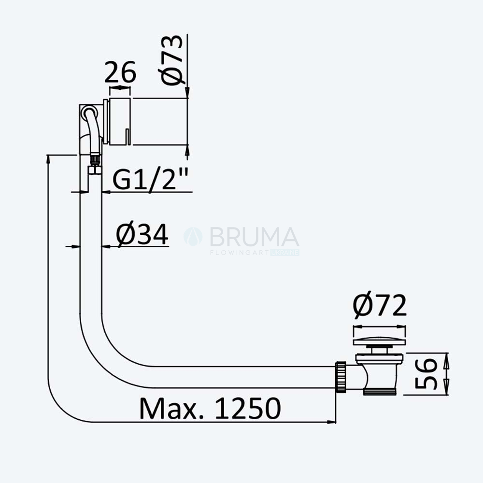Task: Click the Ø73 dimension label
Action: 172,60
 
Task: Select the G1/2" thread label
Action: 150,179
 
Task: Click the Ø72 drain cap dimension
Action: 380,306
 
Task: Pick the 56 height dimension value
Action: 426,374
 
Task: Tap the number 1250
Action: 248,409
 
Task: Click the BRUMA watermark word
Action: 255,237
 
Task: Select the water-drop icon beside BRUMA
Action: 193,237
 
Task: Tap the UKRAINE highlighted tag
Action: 285,253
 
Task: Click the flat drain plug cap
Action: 379,342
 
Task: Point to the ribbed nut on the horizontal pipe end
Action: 341,377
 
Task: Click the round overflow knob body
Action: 120,121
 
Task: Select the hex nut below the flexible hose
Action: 95,170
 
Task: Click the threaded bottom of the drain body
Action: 379,392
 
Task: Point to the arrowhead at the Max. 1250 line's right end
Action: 332,422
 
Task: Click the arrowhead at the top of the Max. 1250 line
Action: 48,160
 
